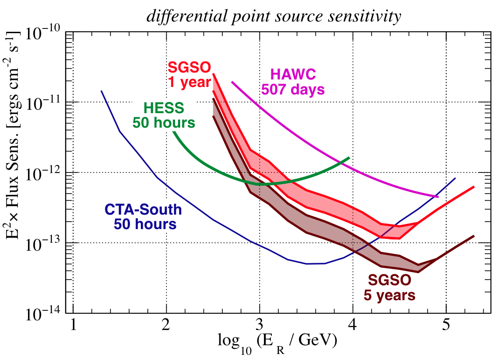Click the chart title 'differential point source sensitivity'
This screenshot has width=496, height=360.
[x=273, y=17]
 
